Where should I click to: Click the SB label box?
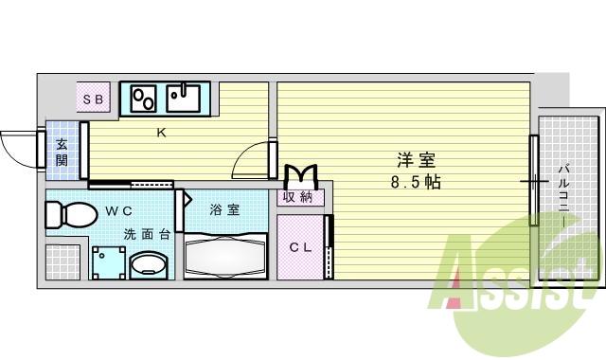click(94, 98)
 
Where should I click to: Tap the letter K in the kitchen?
click(162, 133)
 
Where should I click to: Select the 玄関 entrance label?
click(61, 152)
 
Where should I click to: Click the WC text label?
click(117, 210)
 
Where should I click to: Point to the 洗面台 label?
click(145, 234)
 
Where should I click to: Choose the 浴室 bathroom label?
click(224, 209)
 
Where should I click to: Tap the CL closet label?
click(299, 248)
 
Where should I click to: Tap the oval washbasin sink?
click(146, 263)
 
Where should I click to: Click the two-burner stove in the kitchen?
click(145, 97)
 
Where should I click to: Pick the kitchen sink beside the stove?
click(186, 96)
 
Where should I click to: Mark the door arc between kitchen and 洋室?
click(251, 157)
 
